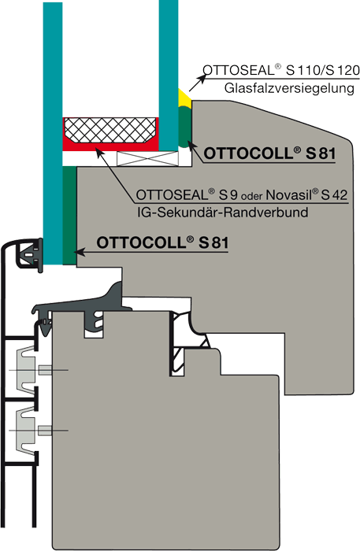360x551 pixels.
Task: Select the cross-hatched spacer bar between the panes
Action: point(110,130)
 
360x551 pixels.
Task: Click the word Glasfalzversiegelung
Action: point(289,88)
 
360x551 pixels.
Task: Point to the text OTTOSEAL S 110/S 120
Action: point(281,70)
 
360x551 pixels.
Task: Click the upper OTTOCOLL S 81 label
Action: point(269,153)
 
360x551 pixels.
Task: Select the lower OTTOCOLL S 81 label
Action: point(162,242)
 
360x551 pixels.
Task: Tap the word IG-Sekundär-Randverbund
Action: point(223,213)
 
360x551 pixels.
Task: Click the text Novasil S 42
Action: point(306,194)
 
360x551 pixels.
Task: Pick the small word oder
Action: point(252,196)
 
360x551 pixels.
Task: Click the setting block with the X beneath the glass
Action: point(147,159)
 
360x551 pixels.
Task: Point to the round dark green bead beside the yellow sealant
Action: point(184,128)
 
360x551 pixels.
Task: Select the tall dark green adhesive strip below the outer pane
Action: point(69,216)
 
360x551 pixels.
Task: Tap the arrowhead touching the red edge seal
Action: point(100,153)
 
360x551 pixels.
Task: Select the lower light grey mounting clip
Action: point(26,430)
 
